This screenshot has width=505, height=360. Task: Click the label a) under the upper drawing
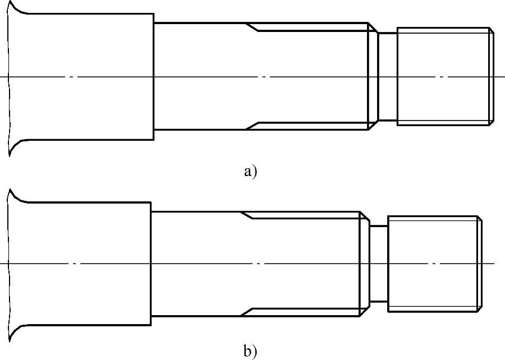(250, 171)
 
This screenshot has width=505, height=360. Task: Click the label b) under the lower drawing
(250, 352)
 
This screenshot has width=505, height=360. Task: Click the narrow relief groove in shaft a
(387, 76)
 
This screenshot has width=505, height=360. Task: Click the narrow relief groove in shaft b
(379, 264)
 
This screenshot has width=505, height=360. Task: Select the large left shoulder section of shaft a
(81, 76)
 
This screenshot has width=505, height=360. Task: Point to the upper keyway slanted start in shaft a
(252, 27)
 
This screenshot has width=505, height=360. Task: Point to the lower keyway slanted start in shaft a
(252, 126)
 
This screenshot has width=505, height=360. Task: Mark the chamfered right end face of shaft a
(492, 76)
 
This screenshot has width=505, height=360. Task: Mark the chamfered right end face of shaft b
(480, 264)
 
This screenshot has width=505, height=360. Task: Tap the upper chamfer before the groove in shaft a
(372, 27)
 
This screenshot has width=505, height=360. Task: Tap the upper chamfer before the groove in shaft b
(364, 216)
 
